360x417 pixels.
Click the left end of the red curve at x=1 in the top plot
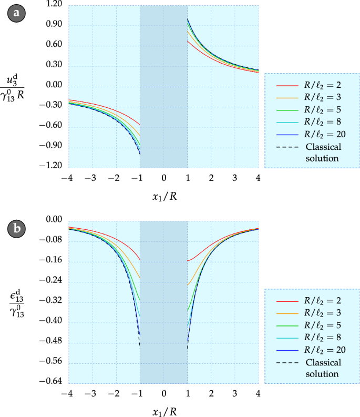(x=188, y=40)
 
